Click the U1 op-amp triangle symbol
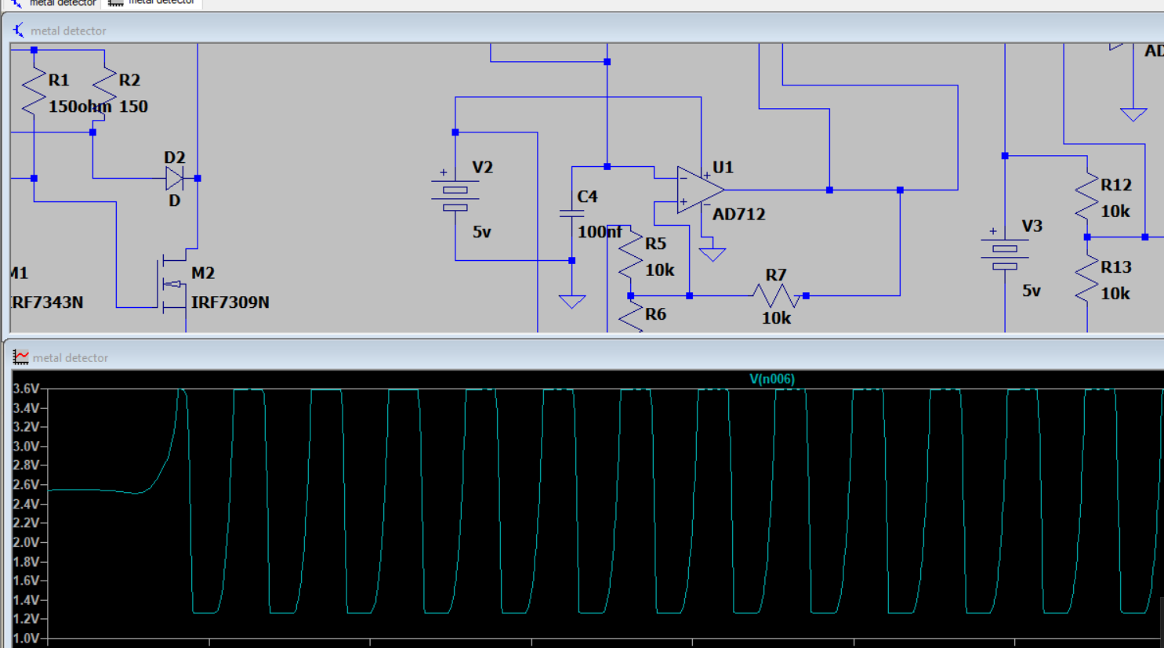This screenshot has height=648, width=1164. tap(698, 190)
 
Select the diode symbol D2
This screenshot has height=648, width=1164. tap(174, 179)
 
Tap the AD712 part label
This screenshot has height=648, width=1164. tap(738, 214)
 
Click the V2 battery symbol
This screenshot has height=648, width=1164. tap(455, 198)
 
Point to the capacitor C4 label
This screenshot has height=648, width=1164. tap(587, 197)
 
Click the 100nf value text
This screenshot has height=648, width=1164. tap(600, 232)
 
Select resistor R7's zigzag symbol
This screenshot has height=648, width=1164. tap(776, 295)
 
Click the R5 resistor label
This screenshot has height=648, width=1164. tap(655, 244)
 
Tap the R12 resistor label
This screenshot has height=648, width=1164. tap(1115, 185)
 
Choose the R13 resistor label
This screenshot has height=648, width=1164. tap(1115, 267)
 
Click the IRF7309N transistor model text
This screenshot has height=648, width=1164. tap(230, 302)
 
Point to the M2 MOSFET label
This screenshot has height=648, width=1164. tap(202, 273)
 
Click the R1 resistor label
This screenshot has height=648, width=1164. tap(59, 80)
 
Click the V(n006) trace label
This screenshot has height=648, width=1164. tap(771, 379)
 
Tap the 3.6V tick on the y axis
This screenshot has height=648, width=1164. tap(26, 389)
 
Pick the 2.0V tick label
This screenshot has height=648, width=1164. tap(26, 542)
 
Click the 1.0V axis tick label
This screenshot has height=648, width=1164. tap(26, 639)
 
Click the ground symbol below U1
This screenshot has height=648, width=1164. tap(712, 254)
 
